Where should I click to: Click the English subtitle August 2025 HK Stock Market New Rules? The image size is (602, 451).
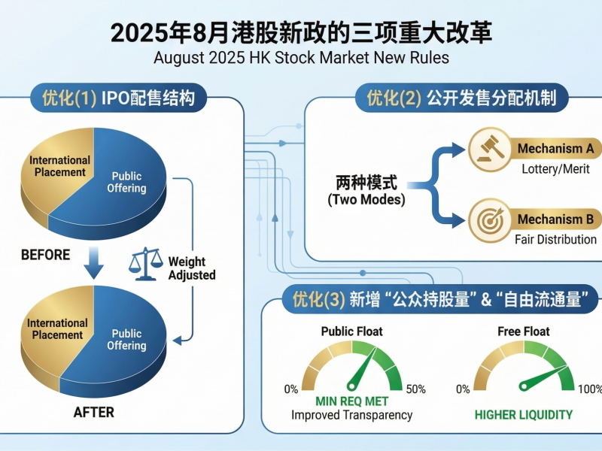(301, 57)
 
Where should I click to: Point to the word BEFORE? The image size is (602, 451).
(45, 255)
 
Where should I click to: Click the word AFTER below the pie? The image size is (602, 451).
(93, 412)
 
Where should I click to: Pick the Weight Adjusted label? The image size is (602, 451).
(191, 268)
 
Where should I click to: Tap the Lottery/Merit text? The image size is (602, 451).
(556, 169)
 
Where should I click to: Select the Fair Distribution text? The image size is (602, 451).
(555, 240)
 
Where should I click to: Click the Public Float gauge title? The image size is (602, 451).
(351, 331)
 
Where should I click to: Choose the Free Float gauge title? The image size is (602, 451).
(524, 331)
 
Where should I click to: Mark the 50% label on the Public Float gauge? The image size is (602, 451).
(415, 389)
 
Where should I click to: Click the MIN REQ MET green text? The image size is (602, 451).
(351, 401)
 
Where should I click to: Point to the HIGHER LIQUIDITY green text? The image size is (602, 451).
(524, 414)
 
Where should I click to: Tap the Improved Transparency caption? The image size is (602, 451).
(351, 415)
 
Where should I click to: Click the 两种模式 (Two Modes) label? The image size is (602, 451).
(366, 191)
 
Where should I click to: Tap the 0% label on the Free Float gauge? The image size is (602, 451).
(464, 389)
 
